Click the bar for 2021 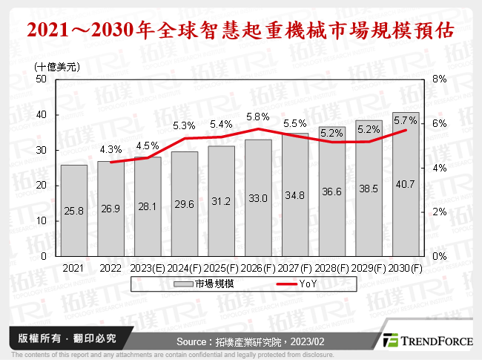pos(73,210)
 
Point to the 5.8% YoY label pos(258,117)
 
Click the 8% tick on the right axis pos(438,79)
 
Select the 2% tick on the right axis pos(438,212)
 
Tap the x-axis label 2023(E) pos(148,267)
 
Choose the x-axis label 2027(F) pos(295,267)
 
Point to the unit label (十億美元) pos(57,65)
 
